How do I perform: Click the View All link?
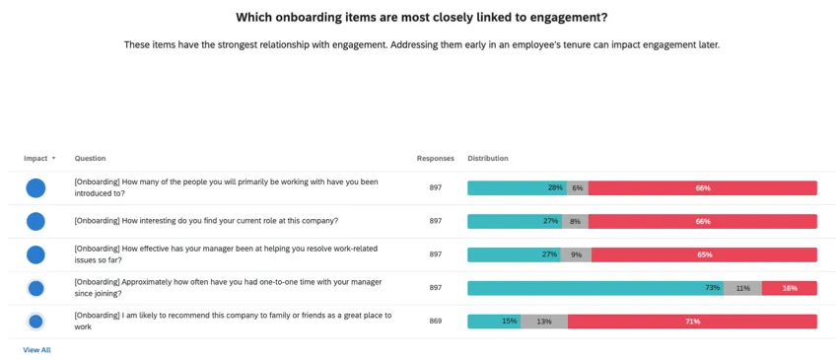click(x=36, y=350)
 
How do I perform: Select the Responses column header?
click(x=435, y=158)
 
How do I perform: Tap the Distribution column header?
click(x=488, y=158)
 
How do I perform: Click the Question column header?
click(x=90, y=158)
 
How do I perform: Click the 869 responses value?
click(x=435, y=322)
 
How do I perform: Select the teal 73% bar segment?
click(x=595, y=288)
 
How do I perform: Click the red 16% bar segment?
click(x=789, y=288)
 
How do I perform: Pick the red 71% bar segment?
click(x=692, y=322)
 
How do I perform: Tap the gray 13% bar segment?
click(x=543, y=322)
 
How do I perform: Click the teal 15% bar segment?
click(x=493, y=322)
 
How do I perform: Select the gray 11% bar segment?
click(x=742, y=288)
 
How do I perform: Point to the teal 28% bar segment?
click(x=516, y=188)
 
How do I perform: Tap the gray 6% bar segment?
click(x=577, y=188)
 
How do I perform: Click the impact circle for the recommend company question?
click(x=35, y=322)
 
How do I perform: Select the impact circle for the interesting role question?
click(x=35, y=221)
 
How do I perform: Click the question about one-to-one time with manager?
click(x=227, y=288)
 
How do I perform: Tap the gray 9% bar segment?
click(x=576, y=254)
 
